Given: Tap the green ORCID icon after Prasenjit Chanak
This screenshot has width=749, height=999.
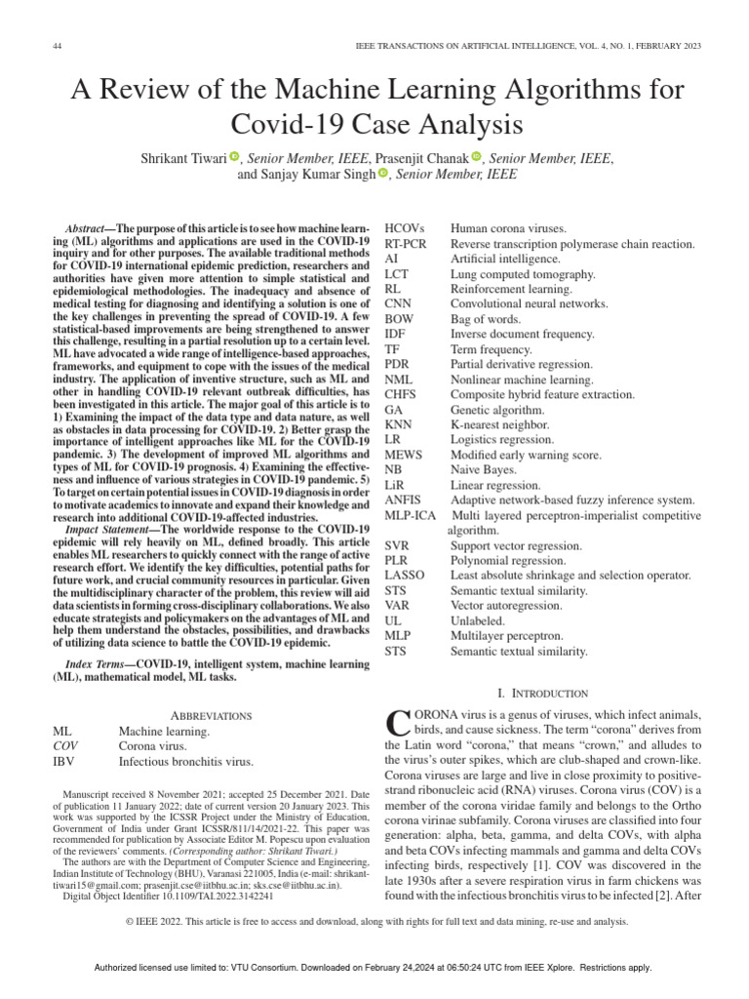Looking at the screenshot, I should click(476, 156).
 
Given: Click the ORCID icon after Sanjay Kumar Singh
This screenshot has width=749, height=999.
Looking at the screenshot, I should click(382, 174).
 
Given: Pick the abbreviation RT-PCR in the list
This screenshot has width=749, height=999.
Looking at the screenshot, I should click(408, 243).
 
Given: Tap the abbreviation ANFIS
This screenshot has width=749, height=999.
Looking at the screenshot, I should click(405, 499).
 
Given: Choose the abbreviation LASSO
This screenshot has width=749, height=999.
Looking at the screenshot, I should click(405, 575).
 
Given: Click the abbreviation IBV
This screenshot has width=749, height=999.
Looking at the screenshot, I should click(65, 761).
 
